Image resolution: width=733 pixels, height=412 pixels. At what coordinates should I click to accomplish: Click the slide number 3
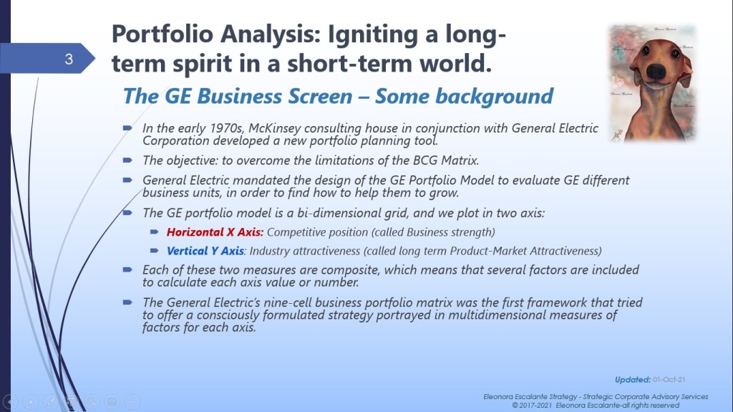(69, 59)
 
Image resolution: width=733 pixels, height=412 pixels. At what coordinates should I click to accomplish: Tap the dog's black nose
(656, 70)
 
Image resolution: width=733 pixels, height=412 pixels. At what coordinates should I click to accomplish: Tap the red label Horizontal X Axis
(215, 232)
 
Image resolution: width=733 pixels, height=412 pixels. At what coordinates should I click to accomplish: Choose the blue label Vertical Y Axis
(205, 251)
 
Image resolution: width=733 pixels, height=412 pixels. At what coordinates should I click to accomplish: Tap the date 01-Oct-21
(669, 380)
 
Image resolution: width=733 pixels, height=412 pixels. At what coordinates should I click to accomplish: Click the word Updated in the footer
(633, 380)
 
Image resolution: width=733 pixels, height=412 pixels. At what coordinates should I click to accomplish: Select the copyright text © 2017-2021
(532, 405)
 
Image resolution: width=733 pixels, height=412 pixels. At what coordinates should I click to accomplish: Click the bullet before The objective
(127, 160)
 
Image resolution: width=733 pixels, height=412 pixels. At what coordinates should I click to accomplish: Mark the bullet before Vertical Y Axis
(155, 251)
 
